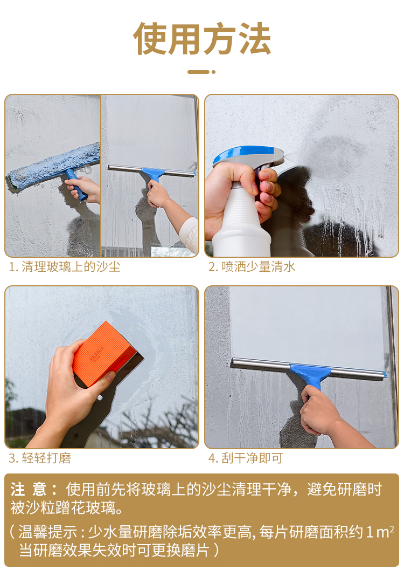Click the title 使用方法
202,38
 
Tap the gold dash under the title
201,72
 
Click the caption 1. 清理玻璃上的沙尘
64,267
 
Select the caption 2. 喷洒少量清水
252,267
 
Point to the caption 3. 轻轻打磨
39,458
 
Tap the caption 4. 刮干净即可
246,458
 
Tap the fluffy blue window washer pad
54,166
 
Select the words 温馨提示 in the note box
48,532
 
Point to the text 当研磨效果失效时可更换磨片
114,551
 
